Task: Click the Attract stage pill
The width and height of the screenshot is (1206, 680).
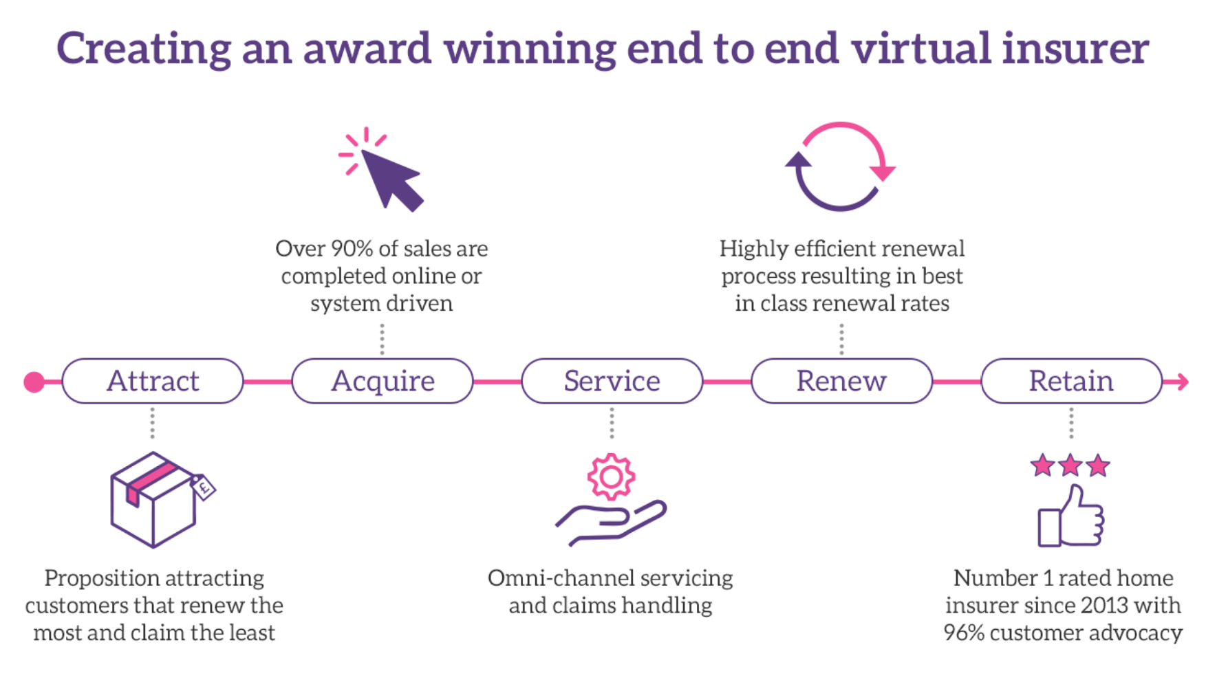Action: tap(153, 381)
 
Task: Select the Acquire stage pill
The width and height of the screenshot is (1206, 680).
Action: tap(383, 381)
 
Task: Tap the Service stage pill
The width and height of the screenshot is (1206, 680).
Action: tap(612, 381)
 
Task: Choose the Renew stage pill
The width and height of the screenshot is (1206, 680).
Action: tap(842, 381)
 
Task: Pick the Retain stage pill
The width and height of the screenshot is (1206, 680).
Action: tap(1072, 381)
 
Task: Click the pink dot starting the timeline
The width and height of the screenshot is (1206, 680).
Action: tap(34, 382)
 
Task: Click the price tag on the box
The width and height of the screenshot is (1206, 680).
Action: tap(203, 487)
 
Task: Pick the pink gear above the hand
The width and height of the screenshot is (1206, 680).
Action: tap(611, 476)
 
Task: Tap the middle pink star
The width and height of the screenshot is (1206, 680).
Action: tap(1070, 465)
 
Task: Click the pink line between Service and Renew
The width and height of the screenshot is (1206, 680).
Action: tap(727, 382)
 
